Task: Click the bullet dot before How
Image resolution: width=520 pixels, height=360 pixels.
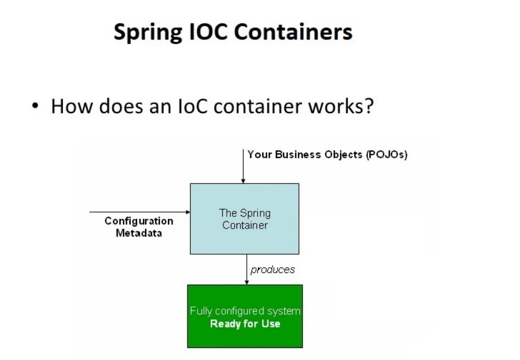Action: click(35, 106)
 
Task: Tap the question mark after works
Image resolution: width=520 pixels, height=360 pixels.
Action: click(367, 106)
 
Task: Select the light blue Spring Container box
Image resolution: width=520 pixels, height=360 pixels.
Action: click(244, 219)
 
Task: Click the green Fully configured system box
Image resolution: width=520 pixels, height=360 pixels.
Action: click(245, 317)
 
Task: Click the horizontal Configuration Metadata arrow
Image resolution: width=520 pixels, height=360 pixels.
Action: click(140, 212)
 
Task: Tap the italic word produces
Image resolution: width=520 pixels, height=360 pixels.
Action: click(273, 269)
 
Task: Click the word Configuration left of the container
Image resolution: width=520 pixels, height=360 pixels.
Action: click(139, 221)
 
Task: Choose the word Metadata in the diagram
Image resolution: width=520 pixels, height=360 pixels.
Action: click(139, 233)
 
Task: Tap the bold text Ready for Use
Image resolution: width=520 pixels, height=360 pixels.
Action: click(245, 324)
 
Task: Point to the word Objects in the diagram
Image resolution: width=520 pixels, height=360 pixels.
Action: click(341, 155)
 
